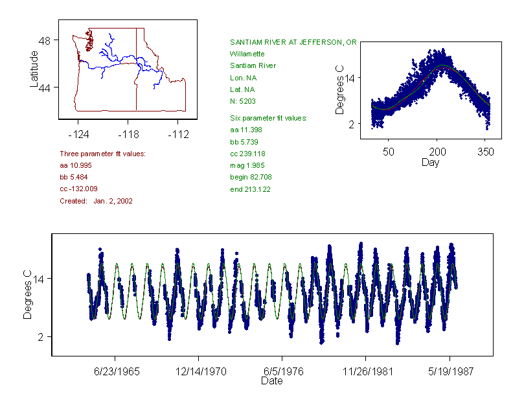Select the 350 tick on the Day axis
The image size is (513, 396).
485,152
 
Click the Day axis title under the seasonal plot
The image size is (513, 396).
430,162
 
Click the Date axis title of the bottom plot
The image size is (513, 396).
272,381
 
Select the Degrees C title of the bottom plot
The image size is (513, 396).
27,295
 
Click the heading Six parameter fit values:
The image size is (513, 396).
268,118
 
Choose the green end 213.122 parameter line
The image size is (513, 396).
250,189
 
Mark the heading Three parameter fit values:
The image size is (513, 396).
102,154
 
